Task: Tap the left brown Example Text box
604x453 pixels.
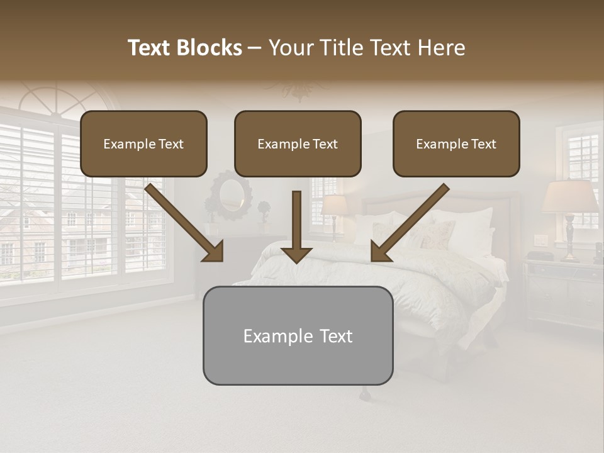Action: [x=143, y=144]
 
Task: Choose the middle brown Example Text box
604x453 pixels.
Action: [x=298, y=144]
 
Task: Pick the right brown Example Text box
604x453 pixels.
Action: [x=456, y=144]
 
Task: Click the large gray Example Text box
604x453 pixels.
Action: [x=298, y=336]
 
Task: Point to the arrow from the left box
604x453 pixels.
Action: [x=186, y=224]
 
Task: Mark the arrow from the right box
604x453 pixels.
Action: [x=409, y=224]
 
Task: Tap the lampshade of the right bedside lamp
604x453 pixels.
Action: [x=570, y=197]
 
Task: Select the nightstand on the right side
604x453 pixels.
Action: [x=563, y=293]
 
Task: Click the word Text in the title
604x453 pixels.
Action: [x=152, y=48]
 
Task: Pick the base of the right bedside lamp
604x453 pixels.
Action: [x=570, y=239]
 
